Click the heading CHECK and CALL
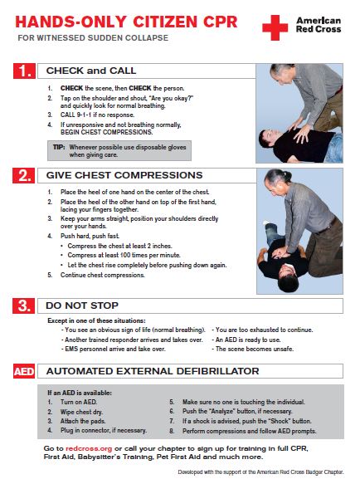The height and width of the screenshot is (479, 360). tap(91, 71)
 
